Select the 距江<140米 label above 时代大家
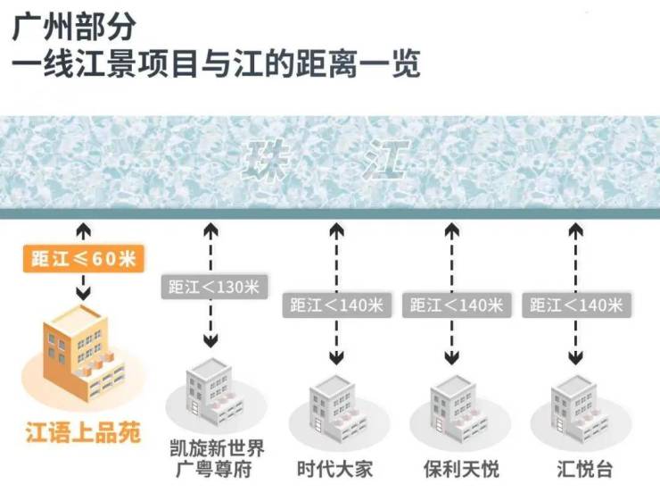click(x=337, y=305)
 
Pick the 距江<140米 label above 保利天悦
click(x=457, y=305)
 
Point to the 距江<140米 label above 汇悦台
click(x=575, y=305)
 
